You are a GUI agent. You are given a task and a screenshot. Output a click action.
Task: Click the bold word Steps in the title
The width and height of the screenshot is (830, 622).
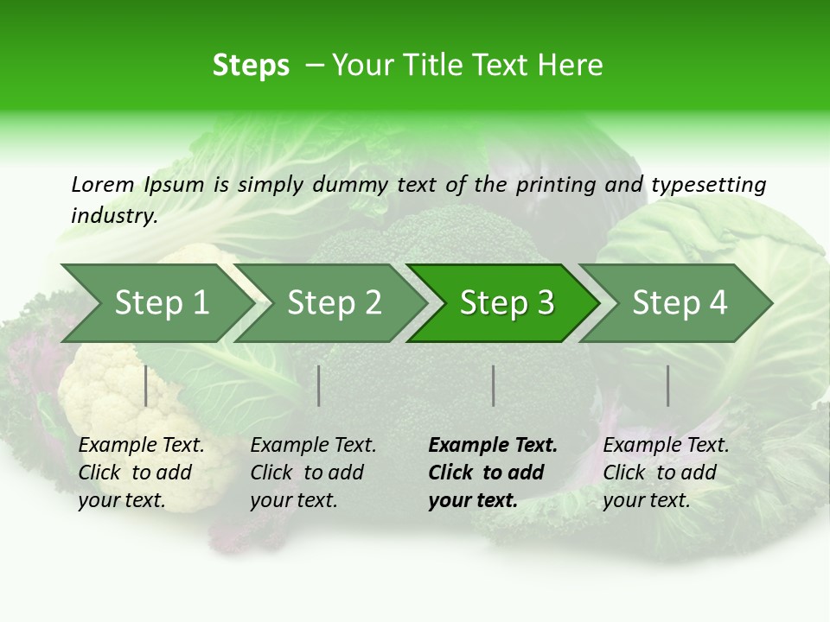(x=251, y=66)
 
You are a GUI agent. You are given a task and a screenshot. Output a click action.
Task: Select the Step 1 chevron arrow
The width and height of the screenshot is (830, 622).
(x=156, y=303)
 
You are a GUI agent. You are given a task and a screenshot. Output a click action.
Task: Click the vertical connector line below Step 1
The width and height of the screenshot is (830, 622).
(x=146, y=385)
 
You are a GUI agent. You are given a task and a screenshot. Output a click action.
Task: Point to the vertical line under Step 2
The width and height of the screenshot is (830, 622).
(x=319, y=385)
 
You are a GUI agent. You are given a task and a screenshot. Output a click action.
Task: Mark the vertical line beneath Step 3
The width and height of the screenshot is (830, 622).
(x=494, y=385)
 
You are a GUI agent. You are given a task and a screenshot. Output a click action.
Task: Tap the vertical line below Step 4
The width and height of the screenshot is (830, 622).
(x=668, y=385)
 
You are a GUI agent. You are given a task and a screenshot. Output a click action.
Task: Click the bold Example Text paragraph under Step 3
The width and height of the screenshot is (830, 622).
(x=492, y=473)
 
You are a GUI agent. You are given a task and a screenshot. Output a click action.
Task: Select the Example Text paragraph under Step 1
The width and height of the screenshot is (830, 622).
(x=141, y=473)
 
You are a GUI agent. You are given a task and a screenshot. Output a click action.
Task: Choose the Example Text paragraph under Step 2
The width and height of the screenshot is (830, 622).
(x=313, y=473)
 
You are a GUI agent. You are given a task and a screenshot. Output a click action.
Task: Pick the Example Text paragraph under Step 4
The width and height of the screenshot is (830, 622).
(x=666, y=473)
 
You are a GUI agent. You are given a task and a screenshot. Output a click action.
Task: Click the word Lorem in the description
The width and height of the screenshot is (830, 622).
(x=102, y=184)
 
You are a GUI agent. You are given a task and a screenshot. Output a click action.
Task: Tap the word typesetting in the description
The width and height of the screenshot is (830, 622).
(x=708, y=185)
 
